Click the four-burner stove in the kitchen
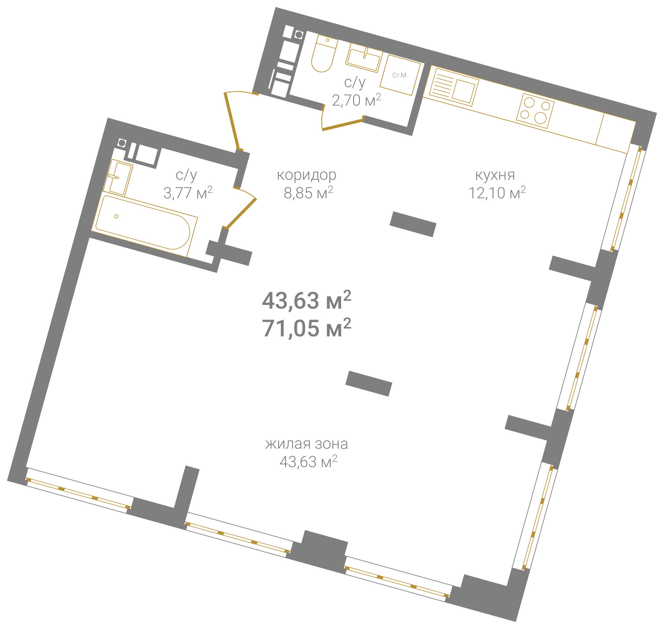(x=535, y=111)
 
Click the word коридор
(x=306, y=175)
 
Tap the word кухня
(x=495, y=175)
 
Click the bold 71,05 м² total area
(x=306, y=328)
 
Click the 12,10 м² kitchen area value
(x=497, y=192)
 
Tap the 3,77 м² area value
(x=188, y=192)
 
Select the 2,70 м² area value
(x=356, y=100)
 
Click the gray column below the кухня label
(x=413, y=224)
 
